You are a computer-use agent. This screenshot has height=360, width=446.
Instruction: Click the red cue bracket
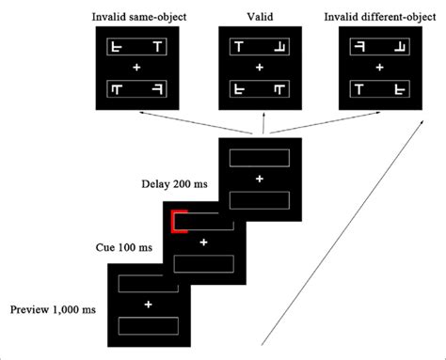point(178,223)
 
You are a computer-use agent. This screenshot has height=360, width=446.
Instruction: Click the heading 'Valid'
point(259,17)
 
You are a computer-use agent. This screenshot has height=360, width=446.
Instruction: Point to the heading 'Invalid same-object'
point(137,17)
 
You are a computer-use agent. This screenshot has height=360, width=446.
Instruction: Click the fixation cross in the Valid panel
point(259,69)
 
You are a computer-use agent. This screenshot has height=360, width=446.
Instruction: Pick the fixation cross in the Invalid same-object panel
point(137,69)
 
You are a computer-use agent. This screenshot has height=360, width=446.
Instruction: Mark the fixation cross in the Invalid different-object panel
point(379,69)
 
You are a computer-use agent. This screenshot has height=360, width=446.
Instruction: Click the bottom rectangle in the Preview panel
point(148,326)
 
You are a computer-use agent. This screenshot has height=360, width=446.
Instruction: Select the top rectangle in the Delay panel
point(259,156)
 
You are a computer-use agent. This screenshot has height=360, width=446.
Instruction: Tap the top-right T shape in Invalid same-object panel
point(156,46)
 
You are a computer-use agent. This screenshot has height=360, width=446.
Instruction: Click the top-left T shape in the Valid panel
point(240,46)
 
